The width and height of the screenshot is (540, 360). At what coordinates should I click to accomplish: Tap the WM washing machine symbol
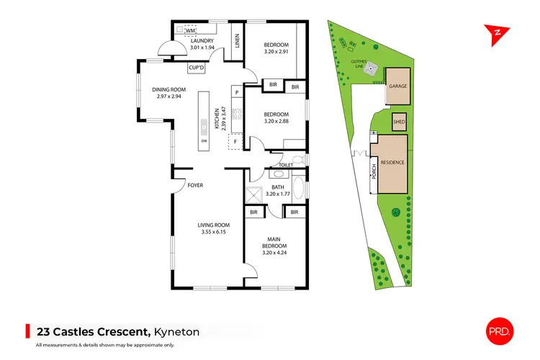coord(191,30)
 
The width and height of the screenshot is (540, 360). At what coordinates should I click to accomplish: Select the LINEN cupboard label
coord(237,42)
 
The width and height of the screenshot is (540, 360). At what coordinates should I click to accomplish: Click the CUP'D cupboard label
coord(197,68)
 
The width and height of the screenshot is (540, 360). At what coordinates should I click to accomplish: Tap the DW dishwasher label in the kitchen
coord(204,140)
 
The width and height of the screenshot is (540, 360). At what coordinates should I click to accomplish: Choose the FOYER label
coord(195,186)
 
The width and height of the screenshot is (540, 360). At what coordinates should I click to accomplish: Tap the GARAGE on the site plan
coord(398,86)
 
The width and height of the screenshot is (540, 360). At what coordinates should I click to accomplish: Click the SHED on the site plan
coord(399,122)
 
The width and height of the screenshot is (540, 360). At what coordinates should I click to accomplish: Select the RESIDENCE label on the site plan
coord(392,163)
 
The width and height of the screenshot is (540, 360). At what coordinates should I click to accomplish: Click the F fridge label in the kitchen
coord(235,141)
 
